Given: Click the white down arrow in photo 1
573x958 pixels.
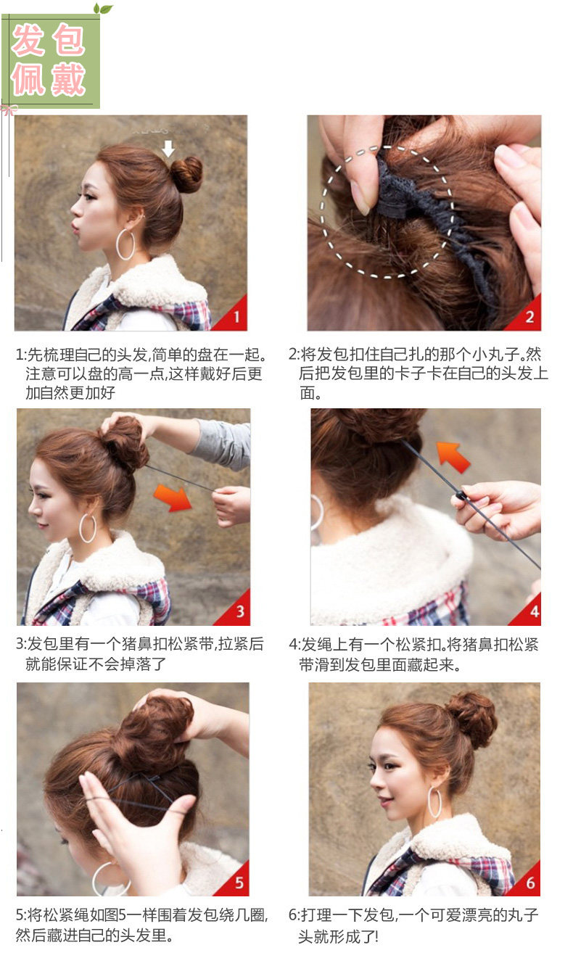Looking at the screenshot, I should click(168, 149).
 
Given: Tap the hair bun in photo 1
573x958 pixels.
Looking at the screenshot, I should click(186, 174).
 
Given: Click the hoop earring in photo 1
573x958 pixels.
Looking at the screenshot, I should click(125, 244).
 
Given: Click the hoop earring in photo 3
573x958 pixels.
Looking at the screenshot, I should click(88, 528).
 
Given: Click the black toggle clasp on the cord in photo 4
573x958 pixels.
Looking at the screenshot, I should click(461, 496).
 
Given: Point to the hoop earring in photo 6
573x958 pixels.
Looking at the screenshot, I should click(434, 802).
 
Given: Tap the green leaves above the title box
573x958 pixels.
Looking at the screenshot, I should click(103, 9).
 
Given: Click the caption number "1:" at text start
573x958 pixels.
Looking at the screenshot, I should click(21, 355).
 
